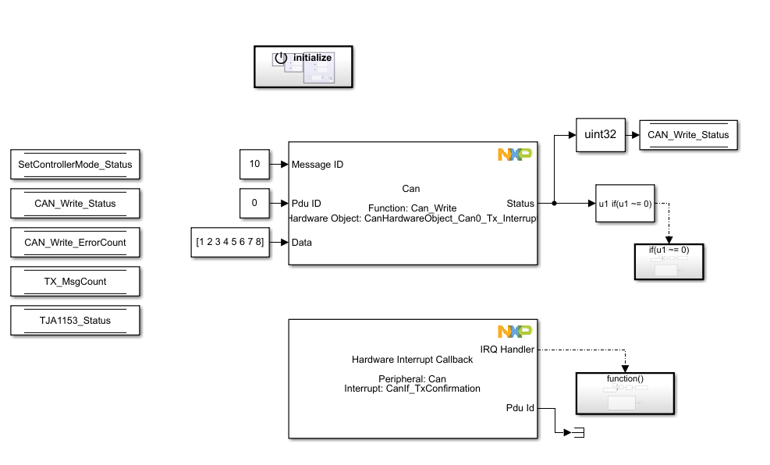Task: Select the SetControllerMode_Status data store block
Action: [x=75, y=165]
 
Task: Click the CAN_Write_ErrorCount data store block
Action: [x=75, y=242]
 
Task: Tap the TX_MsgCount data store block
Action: [x=75, y=282]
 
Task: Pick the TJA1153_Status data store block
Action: [x=75, y=321]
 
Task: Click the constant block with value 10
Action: [x=254, y=165]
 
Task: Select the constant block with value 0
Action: [x=254, y=203]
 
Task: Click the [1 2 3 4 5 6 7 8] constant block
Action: [x=230, y=242]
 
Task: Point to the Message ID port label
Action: [x=317, y=165]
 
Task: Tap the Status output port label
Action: [x=520, y=204]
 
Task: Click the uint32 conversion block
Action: [x=601, y=134]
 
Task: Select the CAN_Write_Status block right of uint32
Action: [x=688, y=134]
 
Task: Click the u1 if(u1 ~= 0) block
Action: [x=625, y=204]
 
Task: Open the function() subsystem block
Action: [x=625, y=392]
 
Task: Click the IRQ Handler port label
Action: [x=507, y=350]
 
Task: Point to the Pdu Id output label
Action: [x=520, y=407]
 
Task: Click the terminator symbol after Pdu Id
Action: [x=577, y=433]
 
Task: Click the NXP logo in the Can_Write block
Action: [x=515, y=154]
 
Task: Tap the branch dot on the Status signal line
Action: [x=554, y=204]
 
